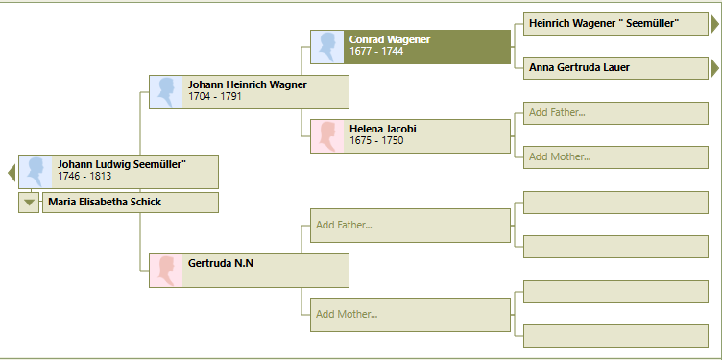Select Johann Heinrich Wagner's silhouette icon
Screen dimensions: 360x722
[x=166, y=92]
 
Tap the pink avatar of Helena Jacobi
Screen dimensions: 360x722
[x=327, y=136]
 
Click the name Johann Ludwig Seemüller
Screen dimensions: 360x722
[x=121, y=164]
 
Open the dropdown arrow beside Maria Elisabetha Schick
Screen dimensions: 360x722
[x=29, y=203]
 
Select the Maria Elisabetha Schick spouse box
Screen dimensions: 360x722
[x=130, y=203]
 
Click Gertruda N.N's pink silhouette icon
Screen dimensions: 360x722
[x=166, y=271]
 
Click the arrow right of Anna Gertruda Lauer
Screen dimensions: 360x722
[x=714, y=67]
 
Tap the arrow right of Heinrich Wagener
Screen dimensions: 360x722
[x=714, y=23]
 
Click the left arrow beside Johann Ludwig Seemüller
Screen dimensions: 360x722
[x=12, y=173]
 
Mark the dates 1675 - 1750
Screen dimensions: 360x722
[x=376, y=141]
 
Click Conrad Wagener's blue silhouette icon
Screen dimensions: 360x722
[x=327, y=47]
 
